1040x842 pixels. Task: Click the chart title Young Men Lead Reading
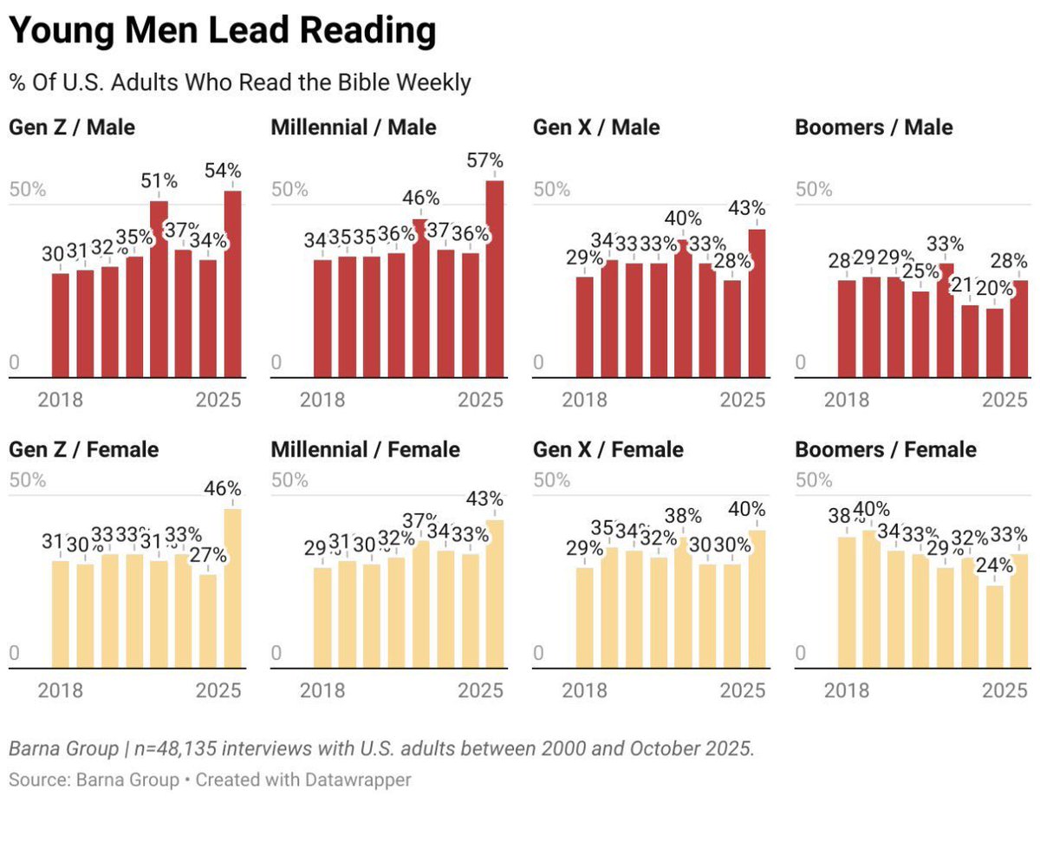tap(222, 31)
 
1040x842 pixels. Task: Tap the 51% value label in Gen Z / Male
tap(159, 181)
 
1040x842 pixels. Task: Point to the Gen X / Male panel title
tap(596, 127)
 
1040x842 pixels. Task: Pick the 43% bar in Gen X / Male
tap(757, 304)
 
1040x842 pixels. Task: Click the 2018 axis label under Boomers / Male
tap(847, 401)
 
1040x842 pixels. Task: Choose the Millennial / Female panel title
tap(366, 449)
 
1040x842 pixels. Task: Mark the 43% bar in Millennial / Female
tap(495, 594)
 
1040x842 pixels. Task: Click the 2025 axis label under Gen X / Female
tap(743, 691)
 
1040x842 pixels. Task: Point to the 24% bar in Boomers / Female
tap(995, 627)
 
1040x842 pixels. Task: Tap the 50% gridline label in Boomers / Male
tap(814, 190)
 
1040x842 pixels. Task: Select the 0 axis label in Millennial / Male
tap(276, 363)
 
